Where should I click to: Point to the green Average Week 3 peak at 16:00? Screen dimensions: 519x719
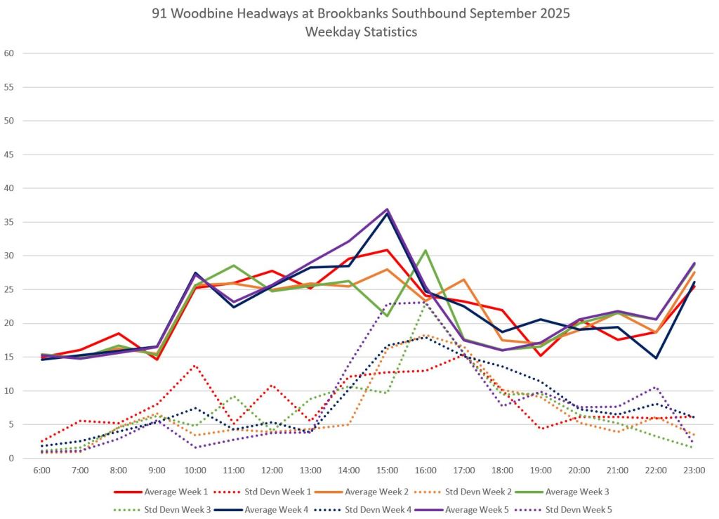coord(426,251)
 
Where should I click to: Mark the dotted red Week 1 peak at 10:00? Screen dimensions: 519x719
coord(195,365)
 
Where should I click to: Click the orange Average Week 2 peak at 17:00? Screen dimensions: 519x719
coord(464,280)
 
